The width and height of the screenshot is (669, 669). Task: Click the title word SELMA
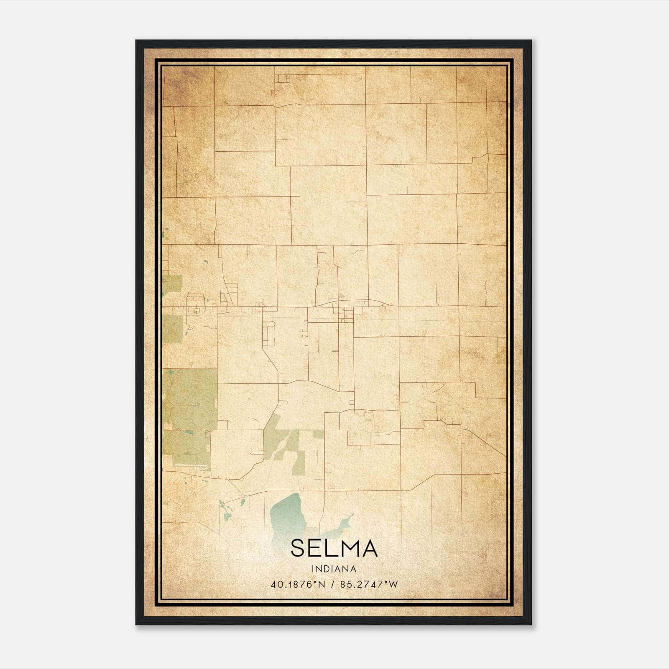334,548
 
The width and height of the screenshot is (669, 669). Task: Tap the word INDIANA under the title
334,569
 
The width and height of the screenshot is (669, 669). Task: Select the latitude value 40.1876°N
298,585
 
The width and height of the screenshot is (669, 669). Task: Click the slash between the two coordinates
333,585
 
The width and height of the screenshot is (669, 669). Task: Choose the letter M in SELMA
349,548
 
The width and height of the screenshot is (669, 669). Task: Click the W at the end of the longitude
393,585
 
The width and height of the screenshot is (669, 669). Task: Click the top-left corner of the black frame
137,41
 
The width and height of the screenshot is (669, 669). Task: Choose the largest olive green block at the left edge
190,399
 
